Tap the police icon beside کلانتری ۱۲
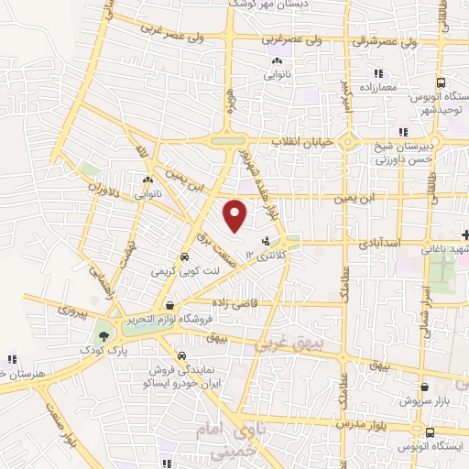[267, 242]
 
